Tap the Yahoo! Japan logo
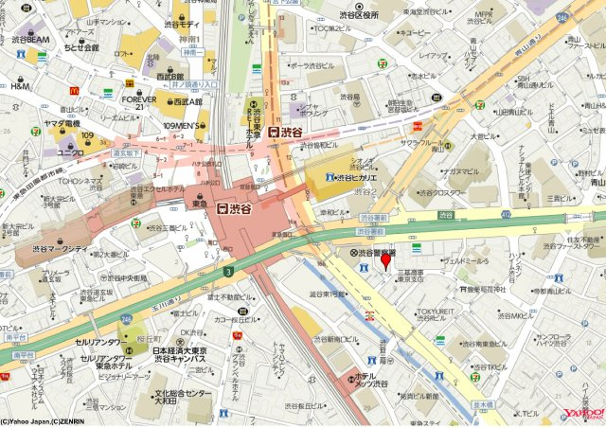pyautogui.click(x=583, y=413)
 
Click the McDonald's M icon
pyautogui.click(x=72, y=89)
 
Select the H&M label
pyautogui.click(x=21, y=86)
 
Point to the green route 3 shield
pyautogui.click(x=228, y=272)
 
